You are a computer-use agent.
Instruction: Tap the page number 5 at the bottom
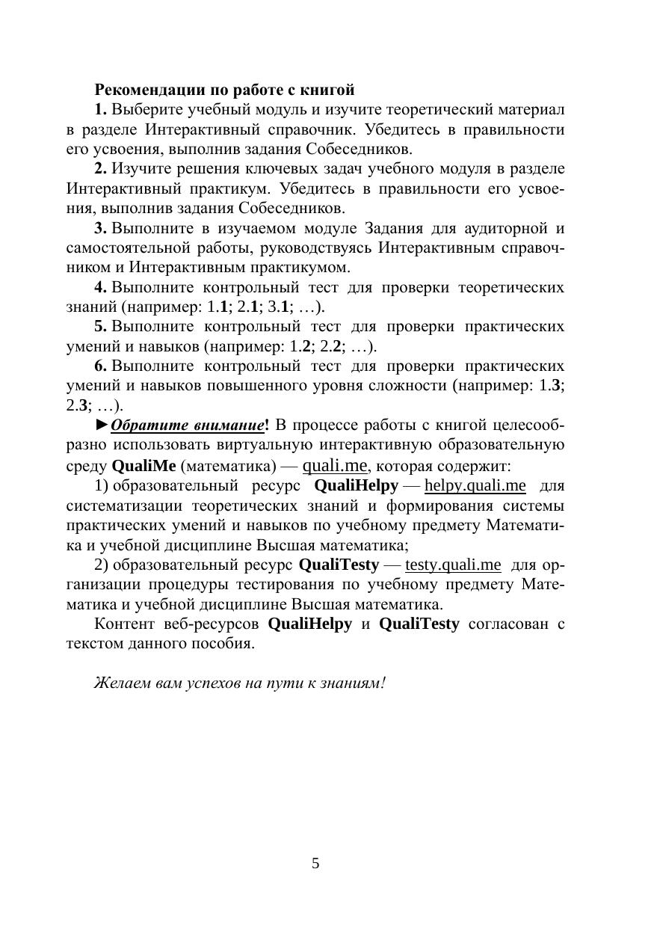[x=315, y=864]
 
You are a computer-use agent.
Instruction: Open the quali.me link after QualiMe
[x=335, y=465]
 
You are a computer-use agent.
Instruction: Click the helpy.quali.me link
[x=475, y=485]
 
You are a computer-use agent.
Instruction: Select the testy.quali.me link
[x=453, y=564]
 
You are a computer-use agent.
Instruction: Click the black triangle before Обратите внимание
[x=102, y=425]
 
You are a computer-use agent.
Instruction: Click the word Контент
[x=123, y=624]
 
